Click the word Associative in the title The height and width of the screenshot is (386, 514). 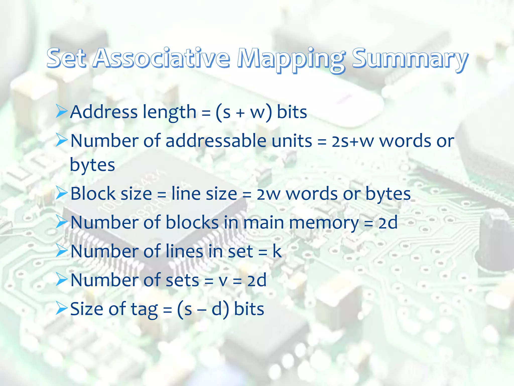tap(161, 58)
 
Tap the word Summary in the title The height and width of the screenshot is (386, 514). tap(410, 58)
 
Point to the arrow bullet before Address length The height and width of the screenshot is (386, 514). tap(61, 112)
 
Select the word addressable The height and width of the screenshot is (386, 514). tap(216, 141)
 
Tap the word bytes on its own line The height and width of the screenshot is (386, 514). tap(92, 165)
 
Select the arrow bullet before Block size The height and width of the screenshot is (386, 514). tap(61, 194)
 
